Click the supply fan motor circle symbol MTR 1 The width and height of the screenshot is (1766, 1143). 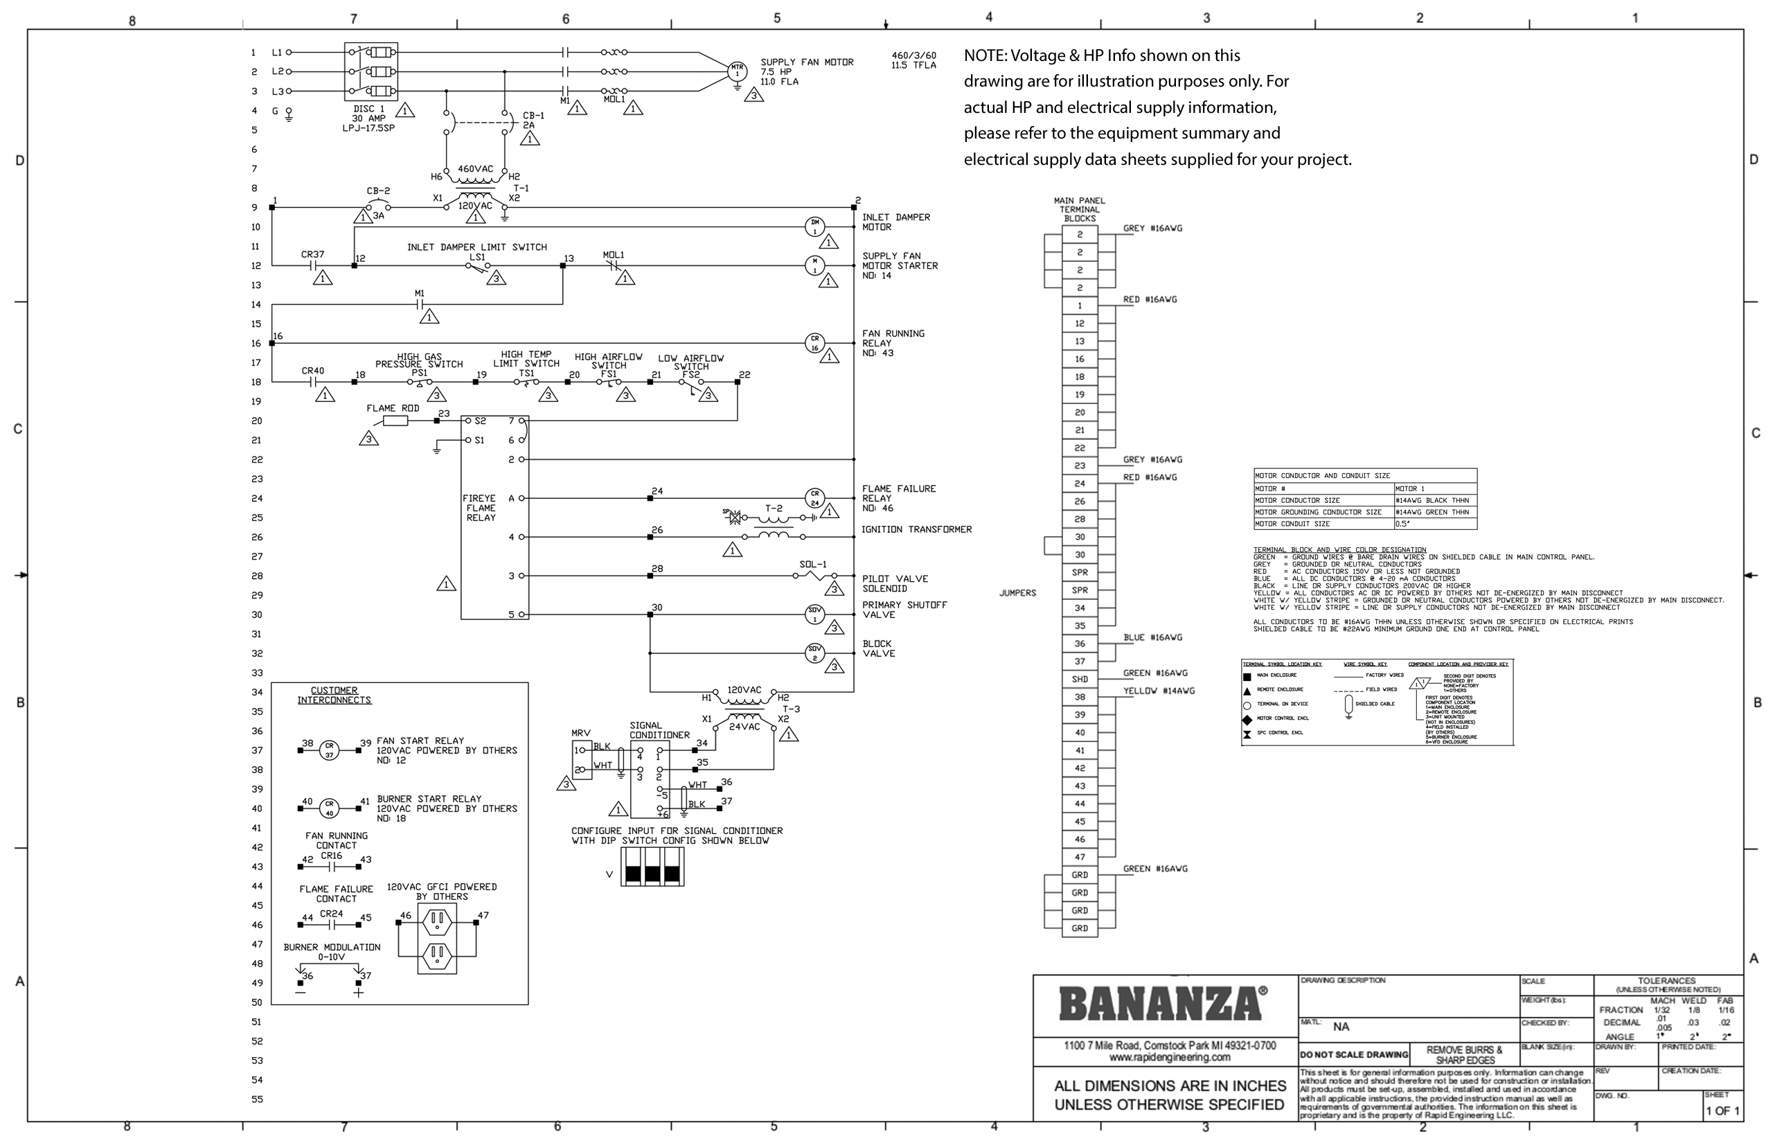pos(737,71)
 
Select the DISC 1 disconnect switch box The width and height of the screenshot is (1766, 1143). pos(371,71)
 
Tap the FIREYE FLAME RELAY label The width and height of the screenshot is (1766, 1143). pos(480,508)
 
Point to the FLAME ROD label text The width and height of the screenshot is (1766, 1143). pos(393,408)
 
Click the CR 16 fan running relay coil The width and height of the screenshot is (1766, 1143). pos(814,343)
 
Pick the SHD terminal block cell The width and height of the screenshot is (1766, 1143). pos(1080,679)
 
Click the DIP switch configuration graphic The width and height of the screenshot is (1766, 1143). pos(652,867)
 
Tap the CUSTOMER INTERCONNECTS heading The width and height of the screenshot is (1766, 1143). pos(334,695)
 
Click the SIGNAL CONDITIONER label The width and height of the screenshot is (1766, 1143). pos(659,730)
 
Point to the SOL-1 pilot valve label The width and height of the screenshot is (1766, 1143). pos(812,565)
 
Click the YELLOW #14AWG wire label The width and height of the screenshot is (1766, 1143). pos(1158,691)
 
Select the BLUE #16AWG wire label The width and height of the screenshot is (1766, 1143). pos(1152,637)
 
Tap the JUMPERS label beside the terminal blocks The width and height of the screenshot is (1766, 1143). pos(1017,593)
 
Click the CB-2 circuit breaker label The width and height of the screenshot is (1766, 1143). pos(377,191)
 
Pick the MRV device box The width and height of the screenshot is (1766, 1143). pos(582,759)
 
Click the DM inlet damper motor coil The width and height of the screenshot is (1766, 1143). pos(814,227)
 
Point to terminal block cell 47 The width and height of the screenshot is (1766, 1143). pos(1080,858)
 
